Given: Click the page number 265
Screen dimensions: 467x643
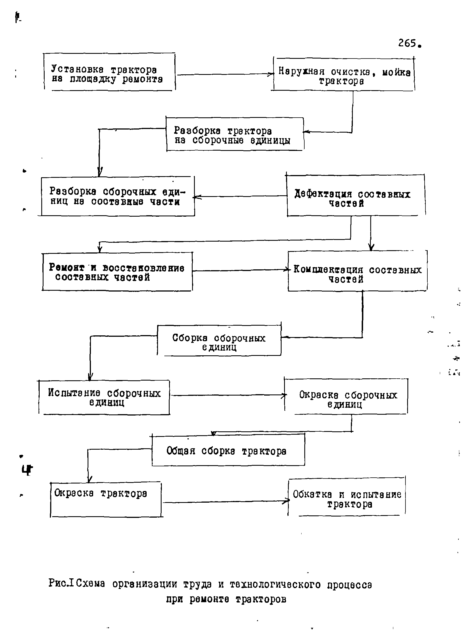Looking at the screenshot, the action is click(x=410, y=43).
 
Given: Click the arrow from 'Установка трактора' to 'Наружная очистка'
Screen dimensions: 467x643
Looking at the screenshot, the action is click(x=225, y=75).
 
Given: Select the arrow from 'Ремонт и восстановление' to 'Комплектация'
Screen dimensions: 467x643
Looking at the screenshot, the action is click(x=241, y=270).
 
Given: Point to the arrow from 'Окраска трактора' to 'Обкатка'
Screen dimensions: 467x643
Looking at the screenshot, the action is click(x=226, y=502).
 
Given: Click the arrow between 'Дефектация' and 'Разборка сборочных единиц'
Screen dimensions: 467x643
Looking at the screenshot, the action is click(x=240, y=196).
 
